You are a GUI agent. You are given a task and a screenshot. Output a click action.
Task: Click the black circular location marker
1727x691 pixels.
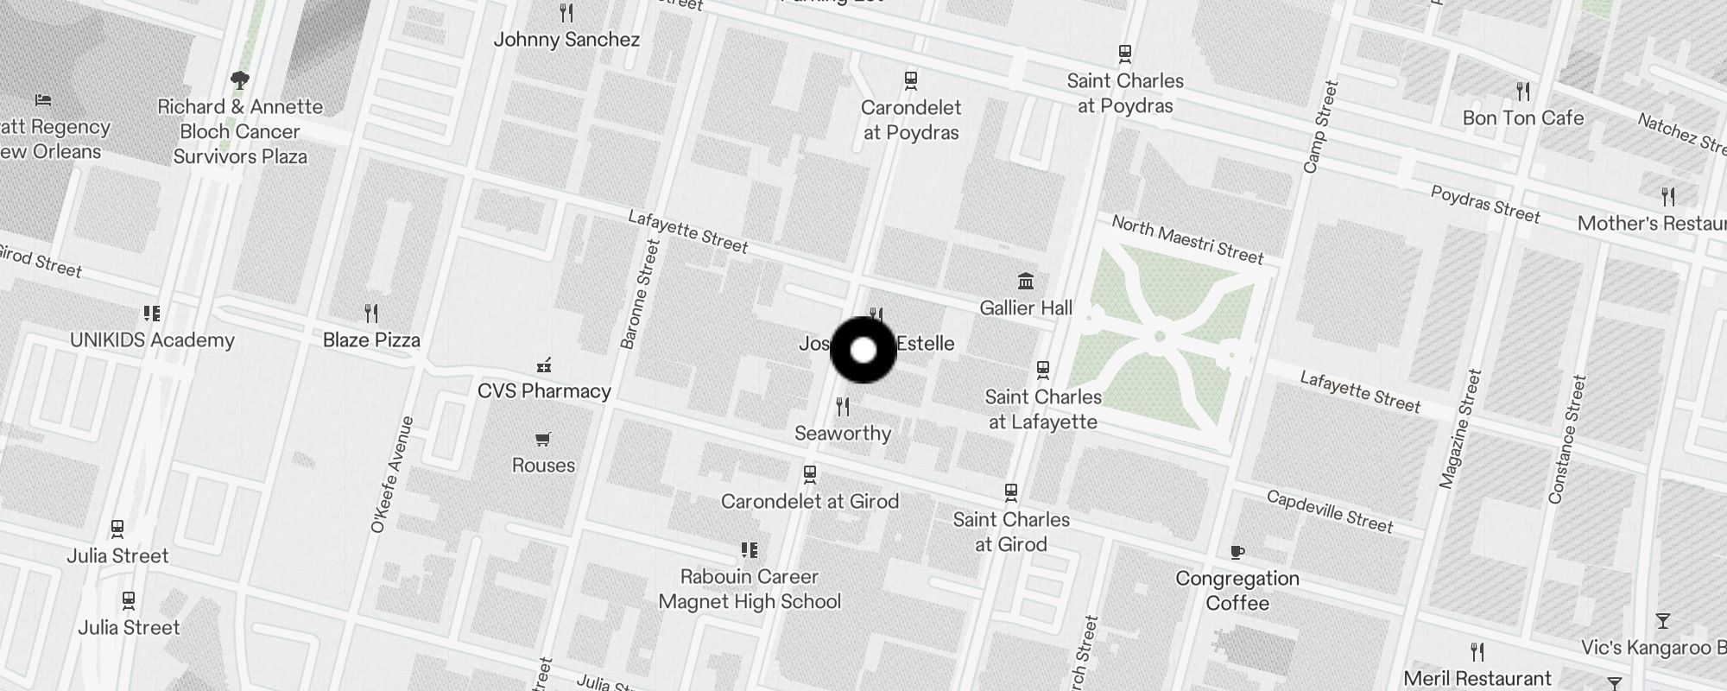[x=863, y=351]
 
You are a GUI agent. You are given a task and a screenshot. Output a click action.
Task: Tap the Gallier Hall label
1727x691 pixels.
[x=1026, y=308]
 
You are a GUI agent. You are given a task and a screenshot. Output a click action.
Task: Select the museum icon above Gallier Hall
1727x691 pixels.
[x=1026, y=281]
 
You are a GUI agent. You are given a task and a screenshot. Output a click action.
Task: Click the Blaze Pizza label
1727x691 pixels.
[x=371, y=340]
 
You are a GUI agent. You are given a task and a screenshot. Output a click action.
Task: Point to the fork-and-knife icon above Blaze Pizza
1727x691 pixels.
[x=371, y=312]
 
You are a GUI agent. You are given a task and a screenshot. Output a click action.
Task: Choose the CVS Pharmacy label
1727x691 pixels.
[x=544, y=391]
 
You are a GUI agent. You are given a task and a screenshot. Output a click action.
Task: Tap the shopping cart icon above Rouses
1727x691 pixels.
[x=543, y=440]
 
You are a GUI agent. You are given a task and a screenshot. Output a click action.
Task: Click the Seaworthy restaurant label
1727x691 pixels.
[x=843, y=434]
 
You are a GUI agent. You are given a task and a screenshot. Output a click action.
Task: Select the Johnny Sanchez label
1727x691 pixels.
[x=566, y=40]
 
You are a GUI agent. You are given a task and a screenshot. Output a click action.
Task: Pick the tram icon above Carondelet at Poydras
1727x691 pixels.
[x=910, y=80]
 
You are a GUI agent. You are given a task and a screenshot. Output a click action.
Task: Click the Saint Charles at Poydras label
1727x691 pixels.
[x=1125, y=93]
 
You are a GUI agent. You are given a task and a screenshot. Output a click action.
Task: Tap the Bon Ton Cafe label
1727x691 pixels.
[x=1523, y=118]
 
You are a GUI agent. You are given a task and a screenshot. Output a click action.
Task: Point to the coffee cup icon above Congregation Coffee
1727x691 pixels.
[x=1237, y=552]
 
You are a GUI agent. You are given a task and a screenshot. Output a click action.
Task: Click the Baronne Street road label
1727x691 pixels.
[x=640, y=295]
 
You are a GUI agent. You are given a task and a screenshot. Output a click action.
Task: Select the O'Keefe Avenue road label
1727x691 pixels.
[x=392, y=474]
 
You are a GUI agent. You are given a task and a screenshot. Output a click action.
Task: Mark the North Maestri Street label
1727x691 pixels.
[x=1187, y=239]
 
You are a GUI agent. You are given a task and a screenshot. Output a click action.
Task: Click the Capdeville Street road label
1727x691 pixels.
[x=1330, y=511]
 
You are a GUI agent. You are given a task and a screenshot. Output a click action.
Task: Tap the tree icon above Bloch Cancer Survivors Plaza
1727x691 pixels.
[x=240, y=80]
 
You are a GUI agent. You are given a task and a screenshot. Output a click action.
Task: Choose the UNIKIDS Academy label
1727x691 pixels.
[x=152, y=340]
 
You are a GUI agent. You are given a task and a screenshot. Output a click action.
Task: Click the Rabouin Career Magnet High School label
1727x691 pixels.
[x=750, y=589]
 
